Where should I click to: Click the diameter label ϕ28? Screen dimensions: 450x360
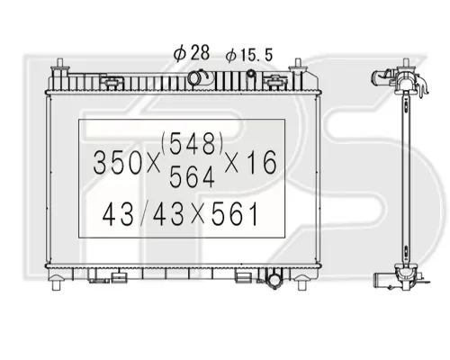[x=192, y=54]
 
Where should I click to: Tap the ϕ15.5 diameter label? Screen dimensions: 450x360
[x=249, y=56]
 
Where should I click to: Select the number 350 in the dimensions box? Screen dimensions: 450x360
[x=117, y=163]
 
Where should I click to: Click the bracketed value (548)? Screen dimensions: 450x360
[x=193, y=144]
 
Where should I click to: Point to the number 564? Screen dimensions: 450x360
[x=192, y=177]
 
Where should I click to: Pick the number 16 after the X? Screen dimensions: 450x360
[x=262, y=163]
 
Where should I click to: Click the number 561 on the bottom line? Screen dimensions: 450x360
[x=235, y=214]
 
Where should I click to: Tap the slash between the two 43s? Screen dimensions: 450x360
[x=144, y=214]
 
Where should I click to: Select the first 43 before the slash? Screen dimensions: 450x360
[x=118, y=214]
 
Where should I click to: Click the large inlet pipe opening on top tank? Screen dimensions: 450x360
[x=194, y=77]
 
